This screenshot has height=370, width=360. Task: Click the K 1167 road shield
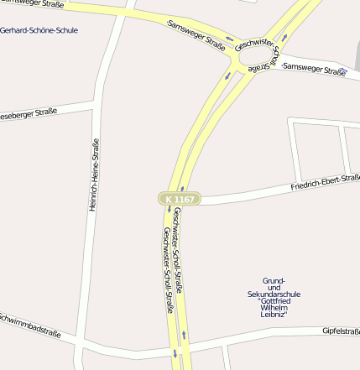(179, 199)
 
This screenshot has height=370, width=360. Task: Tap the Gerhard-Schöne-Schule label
(39, 30)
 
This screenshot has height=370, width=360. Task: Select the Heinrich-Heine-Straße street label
(94, 174)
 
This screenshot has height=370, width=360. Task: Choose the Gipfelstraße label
(341, 331)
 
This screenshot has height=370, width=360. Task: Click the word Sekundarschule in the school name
(274, 294)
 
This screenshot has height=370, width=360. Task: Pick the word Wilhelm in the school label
(274, 307)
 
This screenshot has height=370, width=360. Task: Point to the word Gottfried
(274, 301)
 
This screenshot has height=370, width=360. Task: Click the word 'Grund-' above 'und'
(274, 280)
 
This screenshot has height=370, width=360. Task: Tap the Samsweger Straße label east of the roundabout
(314, 70)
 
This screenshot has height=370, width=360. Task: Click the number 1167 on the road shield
(185, 199)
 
